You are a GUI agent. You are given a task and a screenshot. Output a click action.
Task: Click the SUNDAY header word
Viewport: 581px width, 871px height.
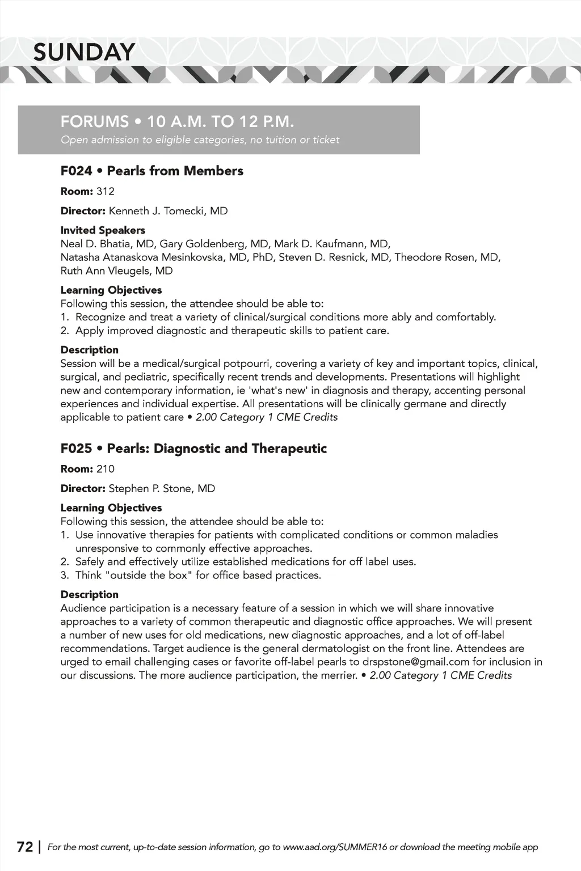coord(84,52)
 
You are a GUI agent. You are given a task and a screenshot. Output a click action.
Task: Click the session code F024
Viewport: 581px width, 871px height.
coord(76,171)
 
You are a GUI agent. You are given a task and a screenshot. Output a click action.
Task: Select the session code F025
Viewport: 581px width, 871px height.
coord(76,449)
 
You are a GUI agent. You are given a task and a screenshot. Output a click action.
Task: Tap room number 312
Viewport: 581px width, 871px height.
coord(106,191)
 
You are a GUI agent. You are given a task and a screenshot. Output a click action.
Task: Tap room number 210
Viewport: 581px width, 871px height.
coord(106,469)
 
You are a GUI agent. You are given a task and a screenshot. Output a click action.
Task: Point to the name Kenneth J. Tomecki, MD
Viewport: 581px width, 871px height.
coord(168,211)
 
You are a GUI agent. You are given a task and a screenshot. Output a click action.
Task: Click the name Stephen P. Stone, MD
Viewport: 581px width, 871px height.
coord(162,489)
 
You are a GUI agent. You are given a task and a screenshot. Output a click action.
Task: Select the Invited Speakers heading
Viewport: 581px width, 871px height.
coord(103,230)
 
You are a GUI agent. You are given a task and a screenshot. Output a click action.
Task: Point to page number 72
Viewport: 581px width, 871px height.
coord(25,847)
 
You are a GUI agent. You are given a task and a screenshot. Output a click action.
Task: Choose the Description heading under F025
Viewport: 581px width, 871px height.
coord(90,594)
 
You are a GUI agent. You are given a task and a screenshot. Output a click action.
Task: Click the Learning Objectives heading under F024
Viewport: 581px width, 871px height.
coord(111,290)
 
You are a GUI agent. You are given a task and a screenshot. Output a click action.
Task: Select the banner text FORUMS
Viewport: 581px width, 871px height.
coord(95,121)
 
